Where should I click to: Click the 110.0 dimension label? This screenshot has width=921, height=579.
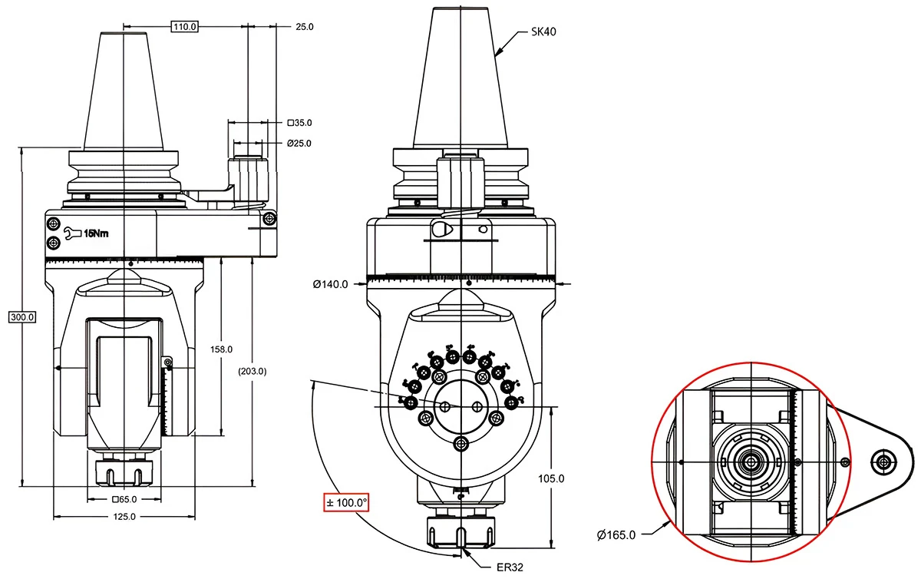tap(184, 27)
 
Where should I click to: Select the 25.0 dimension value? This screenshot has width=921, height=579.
tap(305, 27)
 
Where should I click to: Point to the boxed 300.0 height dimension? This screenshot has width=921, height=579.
tap(22, 316)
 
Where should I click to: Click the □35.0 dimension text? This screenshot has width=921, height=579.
tap(299, 123)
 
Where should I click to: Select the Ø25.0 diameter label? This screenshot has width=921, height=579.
tap(299, 144)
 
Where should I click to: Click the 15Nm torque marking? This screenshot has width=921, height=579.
tap(96, 233)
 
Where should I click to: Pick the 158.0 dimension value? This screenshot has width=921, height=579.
tap(222, 349)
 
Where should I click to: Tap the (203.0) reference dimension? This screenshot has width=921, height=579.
tap(252, 371)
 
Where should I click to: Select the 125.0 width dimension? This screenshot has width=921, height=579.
tap(124, 517)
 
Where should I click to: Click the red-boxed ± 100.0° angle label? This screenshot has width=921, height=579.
tap(346, 503)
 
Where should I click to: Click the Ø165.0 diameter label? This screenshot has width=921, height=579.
tap(616, 535)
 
